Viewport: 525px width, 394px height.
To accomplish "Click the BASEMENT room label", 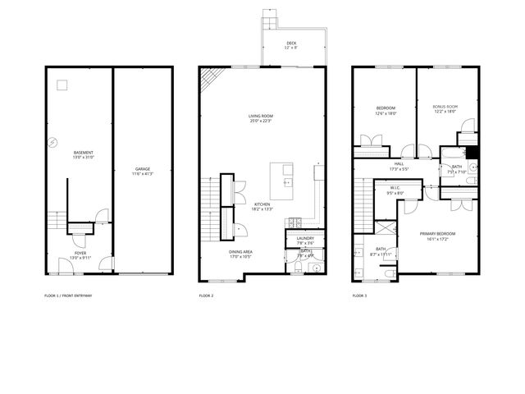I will coord(83,152).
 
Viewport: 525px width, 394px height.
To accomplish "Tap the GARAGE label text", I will coord(143,169).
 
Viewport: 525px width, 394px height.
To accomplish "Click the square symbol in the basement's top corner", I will coord(61,84).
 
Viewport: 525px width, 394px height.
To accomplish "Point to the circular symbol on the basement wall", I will coord(51,140).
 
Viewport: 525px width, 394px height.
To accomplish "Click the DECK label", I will coord(292,43).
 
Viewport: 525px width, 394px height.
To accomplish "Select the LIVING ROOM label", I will coord(261,116).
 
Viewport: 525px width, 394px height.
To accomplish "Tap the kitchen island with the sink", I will coord(283,181).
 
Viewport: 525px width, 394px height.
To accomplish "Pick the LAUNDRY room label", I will coord(305,238).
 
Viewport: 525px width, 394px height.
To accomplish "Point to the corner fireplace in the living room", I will coord(211,79).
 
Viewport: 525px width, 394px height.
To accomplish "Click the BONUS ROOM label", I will coord(445,108).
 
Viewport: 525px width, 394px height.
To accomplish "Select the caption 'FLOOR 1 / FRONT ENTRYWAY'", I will coord(68,295).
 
